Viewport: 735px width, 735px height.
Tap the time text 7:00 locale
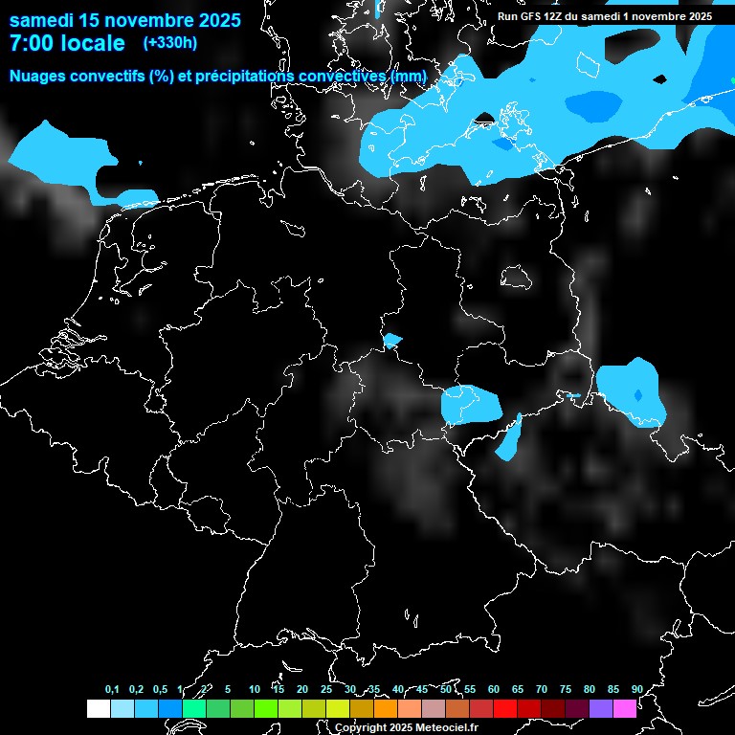67,43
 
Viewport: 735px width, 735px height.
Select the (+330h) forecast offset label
169,43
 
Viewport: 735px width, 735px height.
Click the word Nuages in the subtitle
39,76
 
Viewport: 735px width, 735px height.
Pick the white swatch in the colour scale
98,708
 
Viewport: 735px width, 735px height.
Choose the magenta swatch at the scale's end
624,708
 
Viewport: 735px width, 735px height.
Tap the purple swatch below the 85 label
600,708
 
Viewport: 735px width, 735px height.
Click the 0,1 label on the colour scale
112,689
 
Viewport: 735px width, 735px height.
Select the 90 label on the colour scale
636,689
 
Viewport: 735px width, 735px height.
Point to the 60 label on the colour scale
493,689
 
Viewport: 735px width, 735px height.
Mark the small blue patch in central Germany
391,340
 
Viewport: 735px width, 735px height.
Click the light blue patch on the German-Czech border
470,405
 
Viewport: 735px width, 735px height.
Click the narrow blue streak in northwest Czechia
509,438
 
